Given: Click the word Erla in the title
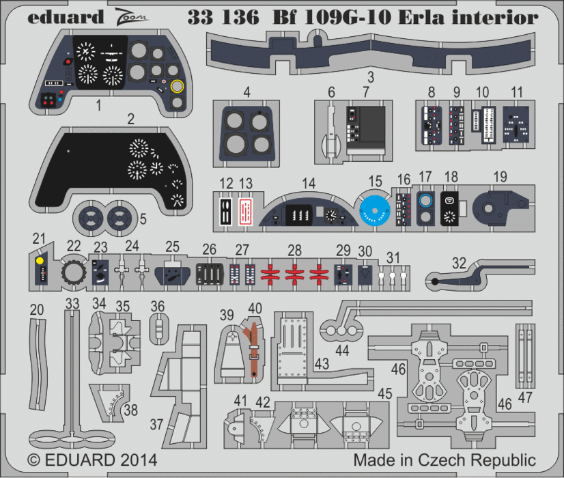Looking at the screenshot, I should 402,18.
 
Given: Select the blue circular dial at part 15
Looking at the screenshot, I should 375,208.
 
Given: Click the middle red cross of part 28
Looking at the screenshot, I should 295,274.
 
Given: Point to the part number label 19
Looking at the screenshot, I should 500,177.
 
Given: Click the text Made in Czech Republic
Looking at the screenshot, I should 445,459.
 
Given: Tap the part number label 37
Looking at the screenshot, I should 157,424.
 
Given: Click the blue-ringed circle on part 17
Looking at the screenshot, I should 425,201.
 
